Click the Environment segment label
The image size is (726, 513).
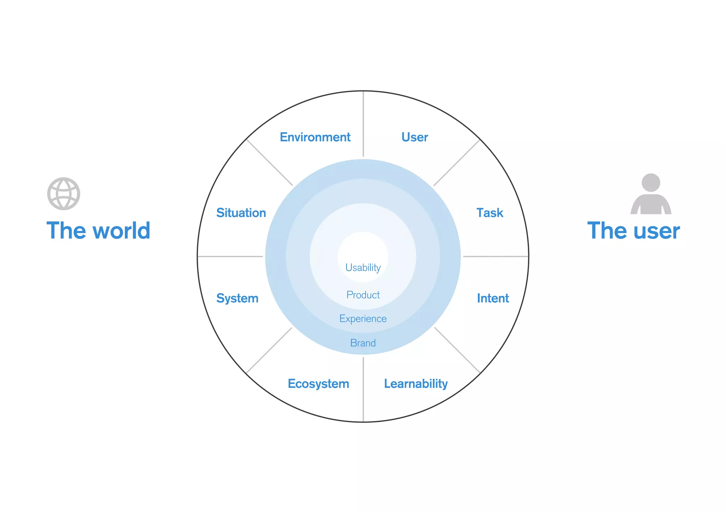(x=315, y=137)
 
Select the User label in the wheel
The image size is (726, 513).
(x=414, y=137)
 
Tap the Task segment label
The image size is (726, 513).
(x=490, y=213)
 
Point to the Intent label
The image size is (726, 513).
(x=493, y=298)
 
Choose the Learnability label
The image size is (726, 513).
(x=416, y=384)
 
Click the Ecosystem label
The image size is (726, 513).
(x=318, y=384)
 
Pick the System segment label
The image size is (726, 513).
(x=237, y=298)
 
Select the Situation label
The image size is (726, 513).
(x=241, y=213)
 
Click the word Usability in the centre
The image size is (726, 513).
(x=363, y=267)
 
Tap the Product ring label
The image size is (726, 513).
(x=363, y=295)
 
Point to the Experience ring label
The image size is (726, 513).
(x=363, y=318)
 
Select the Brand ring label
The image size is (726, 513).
(x=363, y=343)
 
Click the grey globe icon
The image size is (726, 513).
(x=64, y=194)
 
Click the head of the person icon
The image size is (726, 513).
(x=651, y=182)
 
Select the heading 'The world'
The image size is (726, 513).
(x=99, y=231)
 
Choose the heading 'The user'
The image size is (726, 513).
(x=633, y=231)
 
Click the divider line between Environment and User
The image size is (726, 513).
(x=363, y=124)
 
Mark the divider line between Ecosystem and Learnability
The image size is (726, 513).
(x=363, y=390)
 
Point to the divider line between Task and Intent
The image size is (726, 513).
(x=496, y=256)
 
